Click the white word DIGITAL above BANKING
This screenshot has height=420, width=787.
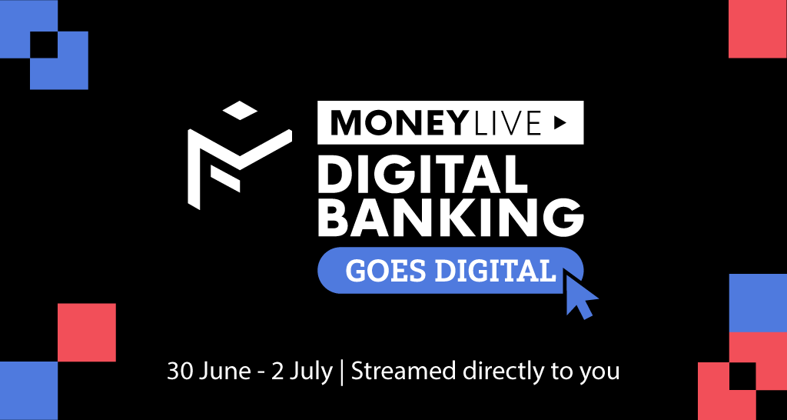(422, 174)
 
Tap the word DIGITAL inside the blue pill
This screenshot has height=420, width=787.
(496, 271)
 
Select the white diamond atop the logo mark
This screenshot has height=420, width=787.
(240, 111)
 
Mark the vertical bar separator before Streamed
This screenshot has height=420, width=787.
(341, 373)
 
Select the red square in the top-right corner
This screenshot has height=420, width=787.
(758, 29)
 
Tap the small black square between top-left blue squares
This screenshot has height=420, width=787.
(44, 45)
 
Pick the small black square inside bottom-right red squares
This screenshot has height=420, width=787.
(742, 376)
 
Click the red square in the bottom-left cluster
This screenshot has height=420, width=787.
(87, 332)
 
